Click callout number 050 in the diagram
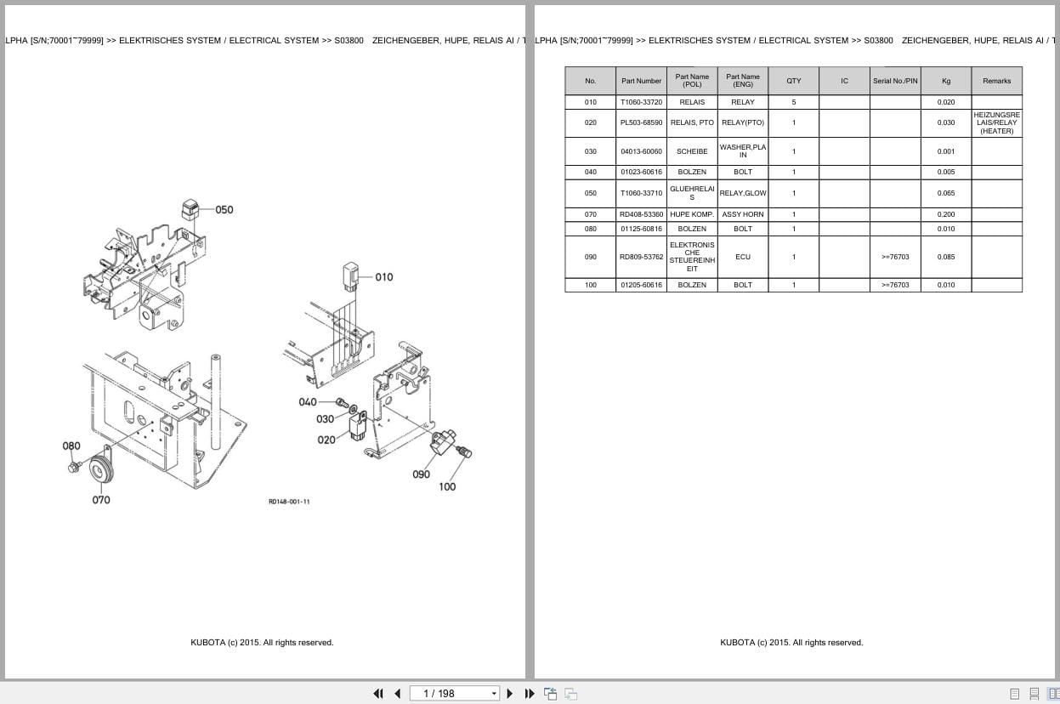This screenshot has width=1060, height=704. pos(224,209)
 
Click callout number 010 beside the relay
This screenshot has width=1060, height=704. pos(384,276)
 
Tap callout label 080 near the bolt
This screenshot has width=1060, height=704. pos(71,446)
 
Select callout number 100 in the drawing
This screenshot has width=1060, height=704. pos(447,487)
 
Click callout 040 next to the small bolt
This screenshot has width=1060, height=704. pos(308,402)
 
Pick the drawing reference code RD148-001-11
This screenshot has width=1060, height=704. pos(289,502)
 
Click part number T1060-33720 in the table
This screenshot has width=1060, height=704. pos(641,102)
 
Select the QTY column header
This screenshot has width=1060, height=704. pos(793,81)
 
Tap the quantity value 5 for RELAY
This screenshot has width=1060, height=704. pos(793,102)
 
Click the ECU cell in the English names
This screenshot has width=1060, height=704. pos(742,257)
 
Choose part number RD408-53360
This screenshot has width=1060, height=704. pos(641,214)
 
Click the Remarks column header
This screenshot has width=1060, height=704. pos(996,81)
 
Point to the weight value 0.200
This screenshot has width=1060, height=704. pos(945,214)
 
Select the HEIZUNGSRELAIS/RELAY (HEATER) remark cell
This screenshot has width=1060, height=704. pos(996,122)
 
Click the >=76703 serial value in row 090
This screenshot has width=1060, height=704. pos(895,257)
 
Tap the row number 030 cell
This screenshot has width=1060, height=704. pos(590,151)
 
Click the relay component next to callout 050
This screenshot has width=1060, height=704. pos(191,209)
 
